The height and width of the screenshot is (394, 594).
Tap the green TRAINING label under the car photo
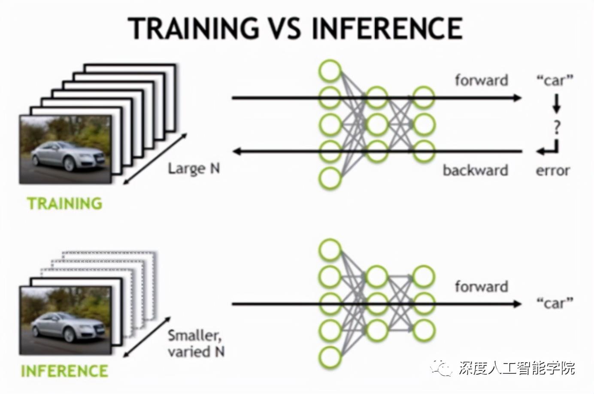65,203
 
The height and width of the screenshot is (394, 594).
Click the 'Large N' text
194,168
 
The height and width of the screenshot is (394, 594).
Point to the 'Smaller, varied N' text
196,343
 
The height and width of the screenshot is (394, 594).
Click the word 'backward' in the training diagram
475,170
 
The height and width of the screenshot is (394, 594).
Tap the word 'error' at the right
552,170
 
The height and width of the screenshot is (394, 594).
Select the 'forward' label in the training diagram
481,80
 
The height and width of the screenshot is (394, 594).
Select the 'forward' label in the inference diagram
481,286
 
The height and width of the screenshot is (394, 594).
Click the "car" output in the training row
555,80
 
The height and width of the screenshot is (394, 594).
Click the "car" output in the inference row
555,303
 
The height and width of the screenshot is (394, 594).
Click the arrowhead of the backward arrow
237,151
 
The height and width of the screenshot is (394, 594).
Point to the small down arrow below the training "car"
557,103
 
